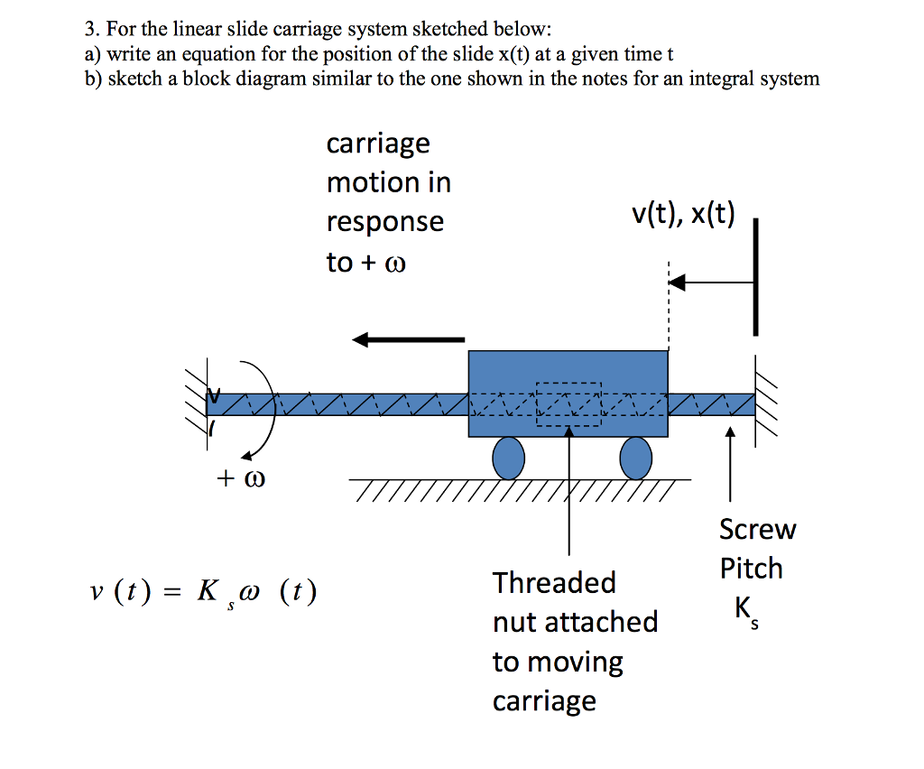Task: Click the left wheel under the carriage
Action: click(508, 458)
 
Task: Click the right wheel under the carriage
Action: click(636, 458)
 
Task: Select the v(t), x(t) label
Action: click(683, 215)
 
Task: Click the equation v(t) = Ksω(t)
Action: click(204, 594)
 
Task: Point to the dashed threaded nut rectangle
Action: click(568, 404)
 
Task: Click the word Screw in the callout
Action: click(757, 529)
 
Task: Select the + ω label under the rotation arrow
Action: click(241, 477)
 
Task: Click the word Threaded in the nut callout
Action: click(554, 583)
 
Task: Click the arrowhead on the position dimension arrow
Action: click(677, 283)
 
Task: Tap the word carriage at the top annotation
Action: click(378, 144)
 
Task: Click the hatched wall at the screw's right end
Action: click(766, 403)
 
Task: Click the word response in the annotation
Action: click(385, 222)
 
